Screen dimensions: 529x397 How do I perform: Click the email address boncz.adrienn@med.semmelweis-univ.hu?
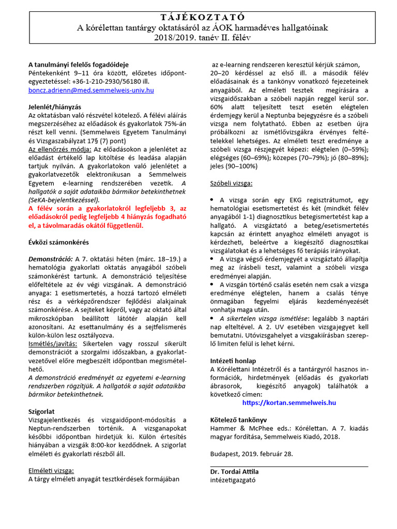[91, 90]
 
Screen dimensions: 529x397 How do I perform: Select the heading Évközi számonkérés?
[58, 242]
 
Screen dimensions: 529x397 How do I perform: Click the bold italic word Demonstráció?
[50, 259]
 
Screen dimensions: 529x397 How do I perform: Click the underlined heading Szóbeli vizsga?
[232, 183]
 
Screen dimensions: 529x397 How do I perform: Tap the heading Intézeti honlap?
[233, 361]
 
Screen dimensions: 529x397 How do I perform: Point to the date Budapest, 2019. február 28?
[252, 453]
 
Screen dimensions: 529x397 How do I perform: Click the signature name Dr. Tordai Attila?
[234, 472]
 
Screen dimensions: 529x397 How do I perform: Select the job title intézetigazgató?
[233, 479]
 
